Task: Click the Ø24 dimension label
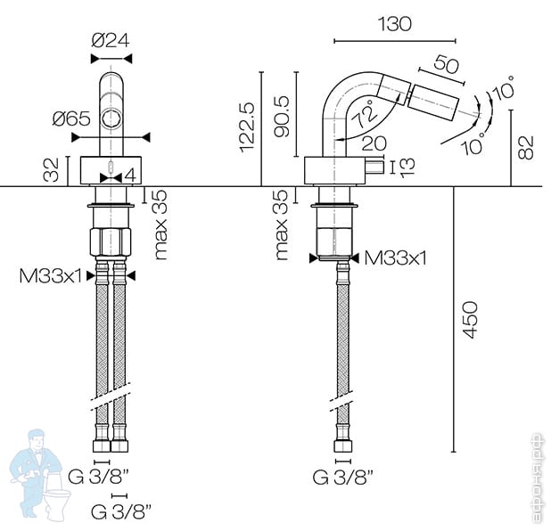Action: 111,40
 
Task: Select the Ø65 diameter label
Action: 71,118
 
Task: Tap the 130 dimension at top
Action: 394,24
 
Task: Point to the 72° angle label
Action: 366,113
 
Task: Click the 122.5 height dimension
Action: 247,127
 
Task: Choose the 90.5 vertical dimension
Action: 282,116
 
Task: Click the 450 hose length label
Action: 470,320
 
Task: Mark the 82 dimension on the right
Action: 526,148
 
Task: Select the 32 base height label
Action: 51,170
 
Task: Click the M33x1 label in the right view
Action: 395,258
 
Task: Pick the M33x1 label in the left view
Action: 50,276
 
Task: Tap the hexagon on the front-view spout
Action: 112,118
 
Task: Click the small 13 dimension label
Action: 407,167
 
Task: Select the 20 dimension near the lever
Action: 374,143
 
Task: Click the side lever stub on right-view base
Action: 375,167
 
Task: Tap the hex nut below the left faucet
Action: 111,241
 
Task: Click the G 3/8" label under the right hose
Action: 342,477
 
